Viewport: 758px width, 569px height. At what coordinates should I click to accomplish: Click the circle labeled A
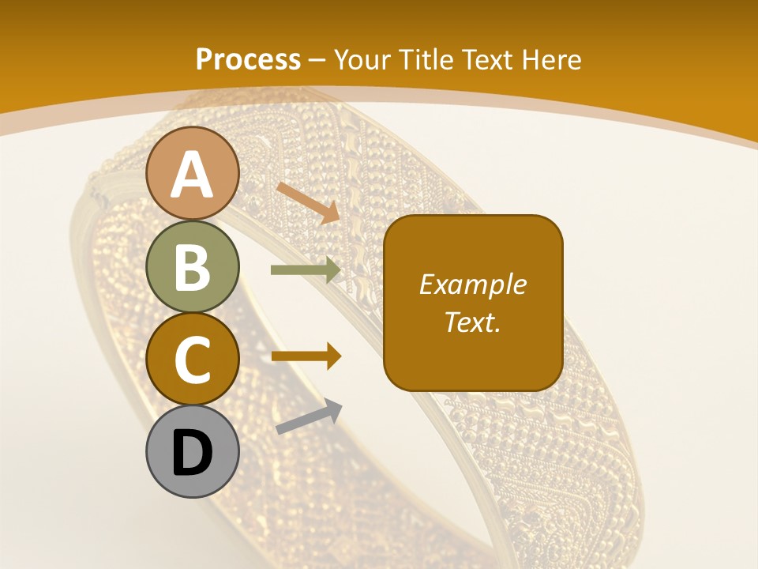(192, 174)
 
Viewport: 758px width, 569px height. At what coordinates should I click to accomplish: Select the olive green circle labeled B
(192, 266)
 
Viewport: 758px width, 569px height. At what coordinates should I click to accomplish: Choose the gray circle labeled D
(192, 451)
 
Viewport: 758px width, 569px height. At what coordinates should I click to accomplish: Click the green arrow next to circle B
(306, 270)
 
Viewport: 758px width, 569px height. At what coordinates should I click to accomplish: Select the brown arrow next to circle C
(306, 356)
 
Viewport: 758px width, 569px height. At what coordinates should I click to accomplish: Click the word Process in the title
(248, 59)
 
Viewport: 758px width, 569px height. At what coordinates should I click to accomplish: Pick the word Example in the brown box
(472, 284)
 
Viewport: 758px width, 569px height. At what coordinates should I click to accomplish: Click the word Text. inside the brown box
(472, 322)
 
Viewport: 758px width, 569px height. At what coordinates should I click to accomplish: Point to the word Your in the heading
(362, 59)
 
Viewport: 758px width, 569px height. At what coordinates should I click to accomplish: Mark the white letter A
(192, 174)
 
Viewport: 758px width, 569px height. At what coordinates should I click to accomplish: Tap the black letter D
(192, 454)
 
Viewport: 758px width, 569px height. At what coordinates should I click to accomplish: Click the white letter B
(192, 267)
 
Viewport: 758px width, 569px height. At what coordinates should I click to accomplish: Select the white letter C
(192, 360)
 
